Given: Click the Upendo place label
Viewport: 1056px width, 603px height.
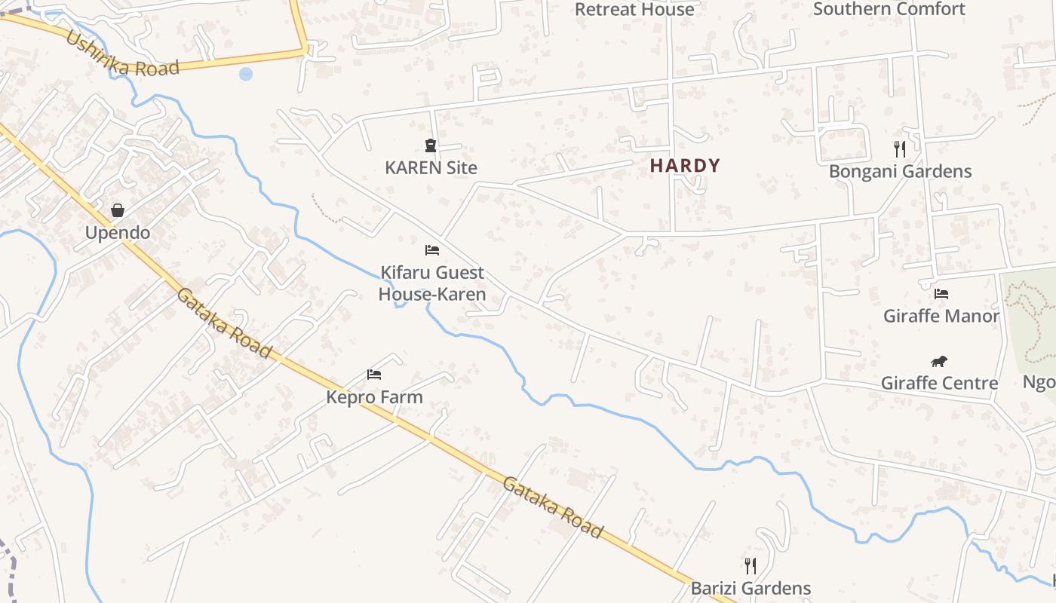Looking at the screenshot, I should click(x=117, y=232).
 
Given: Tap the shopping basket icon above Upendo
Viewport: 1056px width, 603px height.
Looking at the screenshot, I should click(x=117, y=210).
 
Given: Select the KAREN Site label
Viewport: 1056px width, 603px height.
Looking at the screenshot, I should click(x=431, y=167).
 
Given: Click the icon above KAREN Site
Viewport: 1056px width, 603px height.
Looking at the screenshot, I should click(x=431, y=145).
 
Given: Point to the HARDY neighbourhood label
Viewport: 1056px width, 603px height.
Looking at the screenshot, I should click(x=685, y=165).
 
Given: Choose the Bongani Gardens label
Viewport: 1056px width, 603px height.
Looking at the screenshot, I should click(x=900, y=171).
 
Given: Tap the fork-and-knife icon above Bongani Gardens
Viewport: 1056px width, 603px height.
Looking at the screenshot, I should click(x=899, y=148).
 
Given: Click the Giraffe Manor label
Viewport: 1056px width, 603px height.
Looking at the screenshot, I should click(x=941, y=316).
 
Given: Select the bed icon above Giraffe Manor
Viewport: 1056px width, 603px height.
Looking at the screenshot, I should click(x=941, y=293).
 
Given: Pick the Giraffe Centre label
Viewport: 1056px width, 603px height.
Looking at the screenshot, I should click(x=939, y=383).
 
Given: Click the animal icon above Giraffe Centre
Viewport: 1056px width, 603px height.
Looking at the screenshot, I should click(x=939, y=361).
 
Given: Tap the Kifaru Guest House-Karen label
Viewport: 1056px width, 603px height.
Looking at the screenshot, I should click(x=432, y=283).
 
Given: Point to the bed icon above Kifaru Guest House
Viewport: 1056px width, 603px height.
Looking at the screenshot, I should click(x=432, y=249).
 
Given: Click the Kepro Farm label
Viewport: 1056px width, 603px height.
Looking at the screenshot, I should click(x=374, y=396).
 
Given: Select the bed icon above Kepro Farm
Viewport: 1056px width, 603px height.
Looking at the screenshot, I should click(x=374, y=374).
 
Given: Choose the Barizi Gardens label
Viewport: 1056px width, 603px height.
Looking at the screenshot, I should click(x=751, y=588).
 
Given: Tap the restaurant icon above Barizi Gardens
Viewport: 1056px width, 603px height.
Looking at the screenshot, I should click(x=750, y=565).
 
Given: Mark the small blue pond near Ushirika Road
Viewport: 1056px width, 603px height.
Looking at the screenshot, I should click(x=245, y=74).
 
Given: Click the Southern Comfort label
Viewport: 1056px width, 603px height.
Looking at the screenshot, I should click(x=889, y=9).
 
